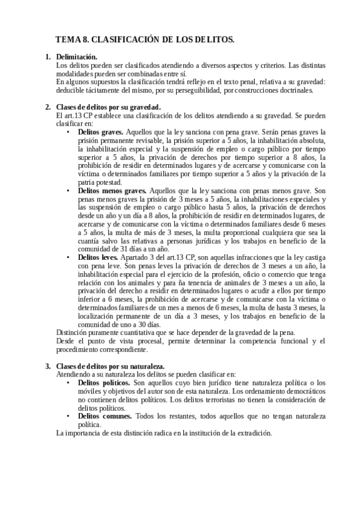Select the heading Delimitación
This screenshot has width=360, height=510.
76,57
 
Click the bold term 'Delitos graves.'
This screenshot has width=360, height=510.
101,132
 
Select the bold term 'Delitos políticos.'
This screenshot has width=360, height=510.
104,382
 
